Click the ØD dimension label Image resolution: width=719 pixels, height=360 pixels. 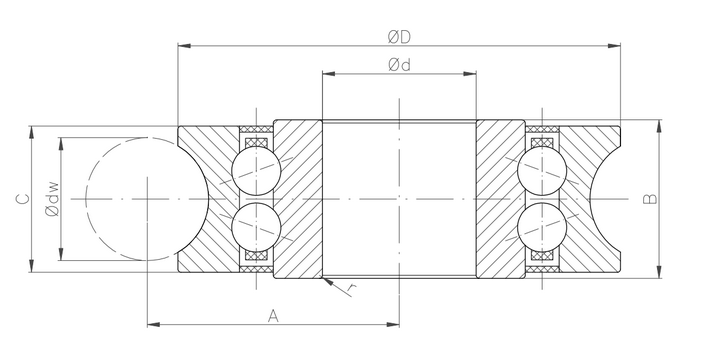click(x=399, y=37)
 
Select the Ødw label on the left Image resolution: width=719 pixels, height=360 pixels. click(x=52, y=199)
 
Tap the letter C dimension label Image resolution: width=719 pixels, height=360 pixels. click(x=23, y=199)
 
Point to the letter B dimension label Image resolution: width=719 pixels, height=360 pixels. click(x=650, y=199)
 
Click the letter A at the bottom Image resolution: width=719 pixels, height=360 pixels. click(x=273, y=316)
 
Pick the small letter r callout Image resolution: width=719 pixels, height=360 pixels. click(x=351, y=288)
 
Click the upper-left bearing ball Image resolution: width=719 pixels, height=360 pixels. click(x=256, y=171)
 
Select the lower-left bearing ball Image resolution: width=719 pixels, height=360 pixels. click(x=256, y=227)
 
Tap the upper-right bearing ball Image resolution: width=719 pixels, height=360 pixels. click(x=542, y=171)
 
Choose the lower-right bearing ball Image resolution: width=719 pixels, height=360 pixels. click(x=542, y=227)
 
